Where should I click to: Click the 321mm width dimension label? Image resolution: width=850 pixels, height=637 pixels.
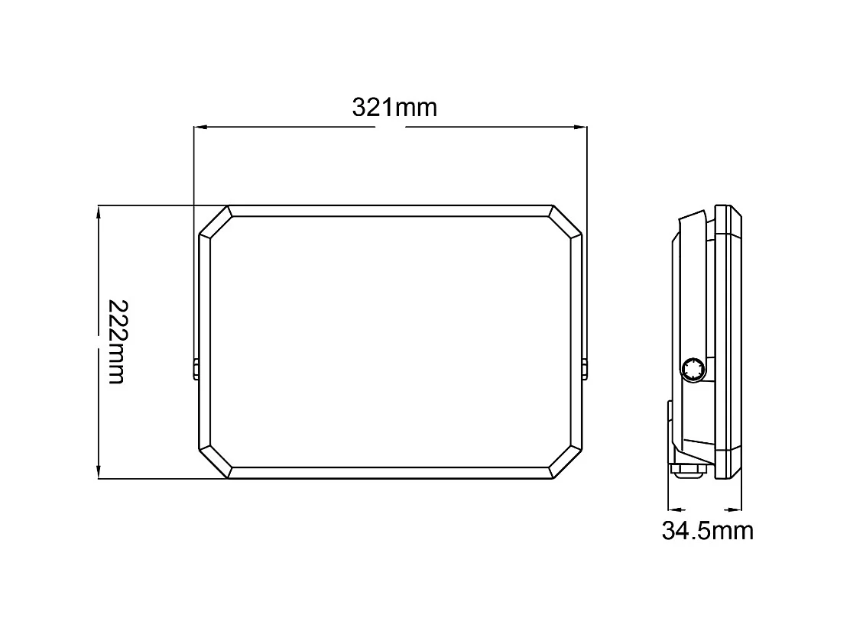[x=394, y=108]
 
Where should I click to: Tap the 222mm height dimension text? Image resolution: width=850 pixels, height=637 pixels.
[x=116, y=341]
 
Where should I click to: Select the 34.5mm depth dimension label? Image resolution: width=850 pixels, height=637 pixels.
[x=707, y=530]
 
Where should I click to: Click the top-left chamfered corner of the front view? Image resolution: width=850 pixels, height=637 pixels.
[x=214, y=221]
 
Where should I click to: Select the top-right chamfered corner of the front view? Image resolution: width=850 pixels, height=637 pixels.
[x=566, y=221]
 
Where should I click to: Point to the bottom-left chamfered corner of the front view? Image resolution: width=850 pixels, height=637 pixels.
[x=214, y=464]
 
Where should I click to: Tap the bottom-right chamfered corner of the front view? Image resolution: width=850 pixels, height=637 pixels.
[x=566, y=464]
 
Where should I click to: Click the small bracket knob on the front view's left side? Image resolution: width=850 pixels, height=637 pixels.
[x=196, y=369]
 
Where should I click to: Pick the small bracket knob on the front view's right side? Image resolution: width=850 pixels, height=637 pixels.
[x=585, y=369]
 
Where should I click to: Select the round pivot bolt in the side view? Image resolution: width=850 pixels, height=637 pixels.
[x=694, y=370]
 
